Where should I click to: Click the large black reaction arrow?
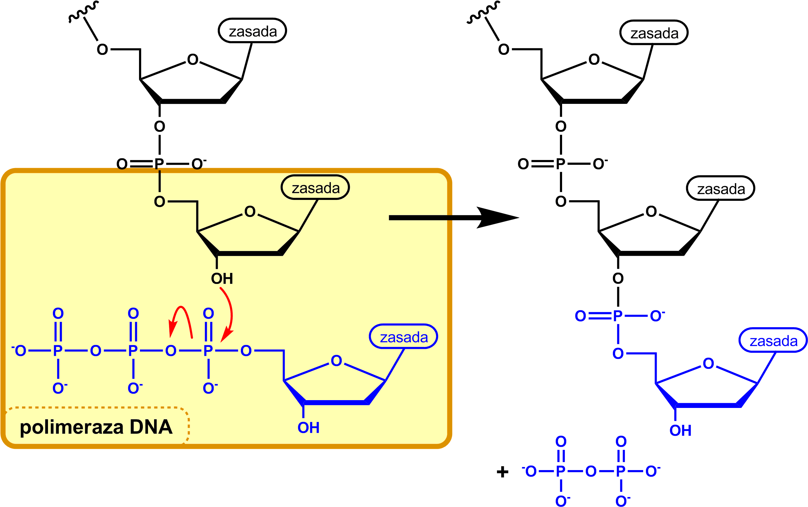coord(453,218)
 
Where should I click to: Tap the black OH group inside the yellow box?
coord(222,279)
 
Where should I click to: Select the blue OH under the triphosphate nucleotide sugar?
coord(308,428)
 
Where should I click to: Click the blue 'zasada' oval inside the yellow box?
coord(403,337)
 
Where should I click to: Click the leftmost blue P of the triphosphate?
coord(58,351)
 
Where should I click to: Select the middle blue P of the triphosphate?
coord(133,351)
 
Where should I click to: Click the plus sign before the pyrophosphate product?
coord(502,472)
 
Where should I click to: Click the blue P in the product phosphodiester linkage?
coord(618,316)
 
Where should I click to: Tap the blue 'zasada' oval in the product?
coord(773,341)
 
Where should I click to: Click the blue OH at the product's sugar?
coord(680,430)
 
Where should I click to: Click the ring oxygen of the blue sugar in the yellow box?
coord(336,361)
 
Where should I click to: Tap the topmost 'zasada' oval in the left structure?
coord(252,31)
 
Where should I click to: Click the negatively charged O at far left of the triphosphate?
coord(20,351)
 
